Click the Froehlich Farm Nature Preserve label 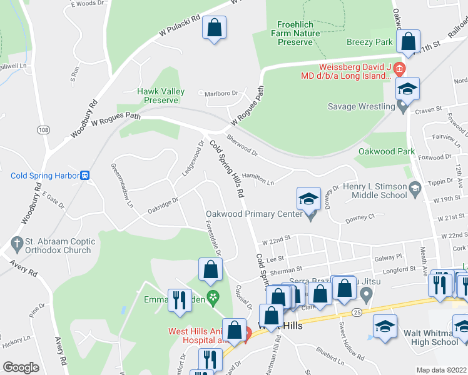pyautogui.click(x=295, y=34)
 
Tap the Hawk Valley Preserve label pyautogui.click(x=161, y=96)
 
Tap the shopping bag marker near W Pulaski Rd pyautogui.click(x=214, y=28)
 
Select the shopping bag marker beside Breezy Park pyautogui.click(x=408, y=42)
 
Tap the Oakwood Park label pyautogui.click(x=386, y=151)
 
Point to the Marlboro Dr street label pyautogui.click(x=222, y=94)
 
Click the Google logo pyautogui.click(x=21, y=367)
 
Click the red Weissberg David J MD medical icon pyautogui.click(x=402, y=67)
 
